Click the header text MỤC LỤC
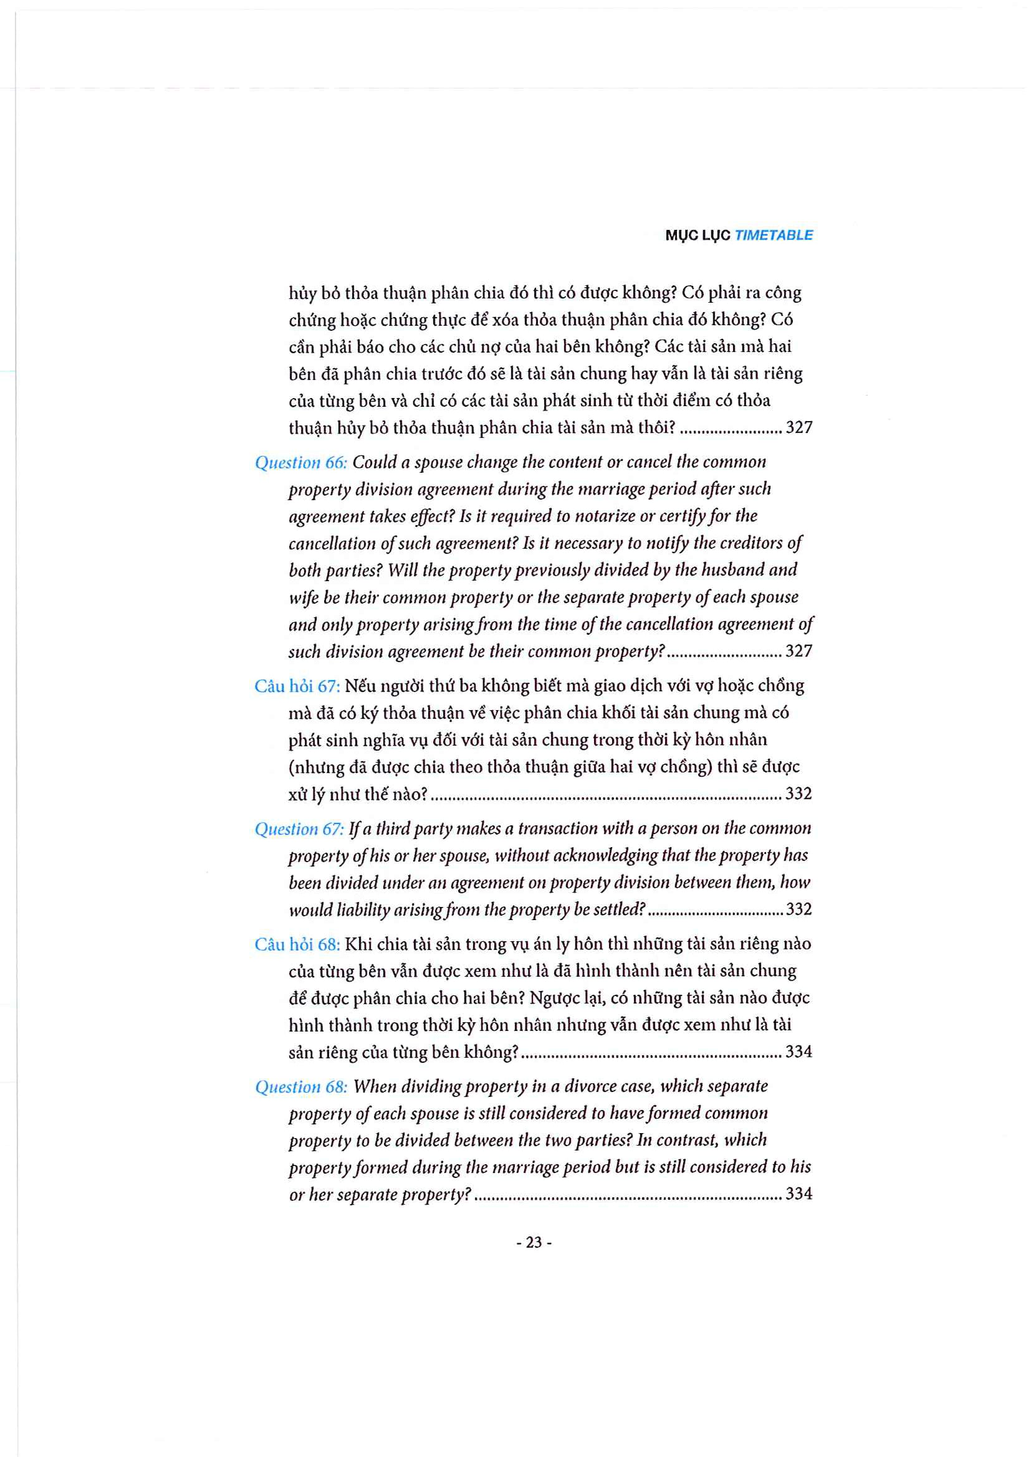pyautogui.click(x=698, y=235)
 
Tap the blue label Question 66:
pyautogui.click(x=301, y=463)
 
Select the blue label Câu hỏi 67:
pyautogui.click(x=297, y=686)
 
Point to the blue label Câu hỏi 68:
pyautogui.click(x=297, y=944)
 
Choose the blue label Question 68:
pyautogui.click(x=301, y=1086)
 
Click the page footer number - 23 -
pyautogui.click(x=534, y=1242)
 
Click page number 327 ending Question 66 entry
pyautogui.click(x=798, y=651)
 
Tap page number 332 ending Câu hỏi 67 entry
pyautogui.click(x=798, y=794)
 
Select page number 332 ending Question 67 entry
pyautogui.click(x=798, y=909)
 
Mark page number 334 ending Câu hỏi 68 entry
pyautogui.click(x=798, y=1051)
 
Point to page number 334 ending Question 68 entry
pyautogui.click(x=798, y=1194)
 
